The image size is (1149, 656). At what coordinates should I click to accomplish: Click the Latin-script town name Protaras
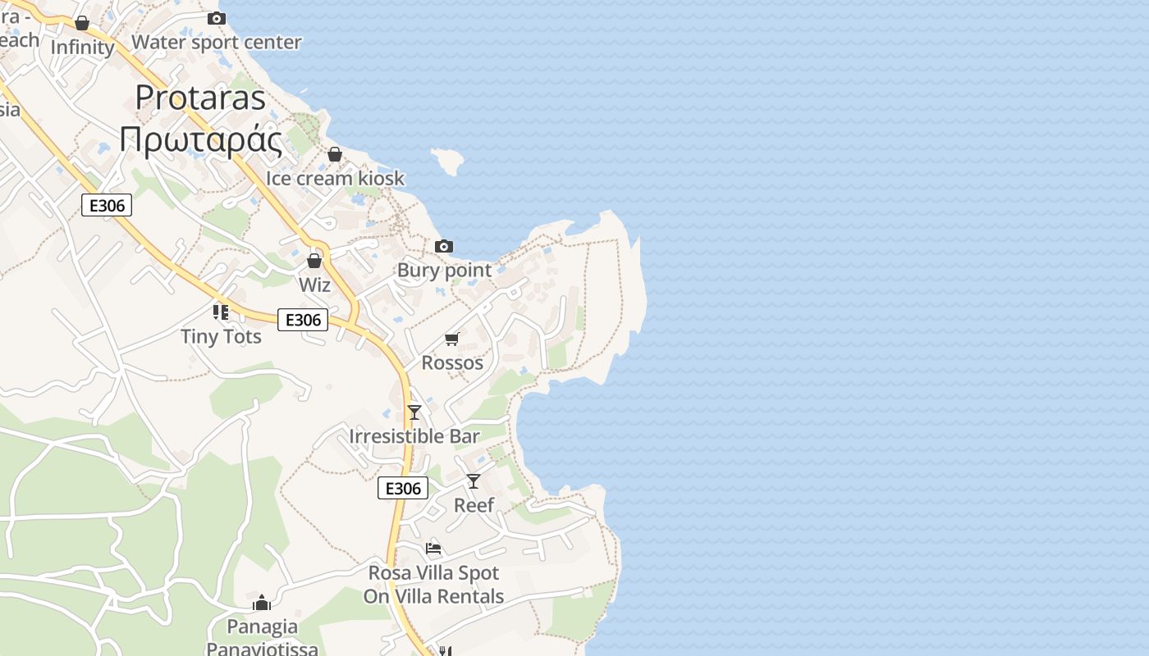pyautogui.click(x=200, y=98)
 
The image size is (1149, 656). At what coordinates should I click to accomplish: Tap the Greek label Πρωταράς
pyautogui.click(x=200, y=139)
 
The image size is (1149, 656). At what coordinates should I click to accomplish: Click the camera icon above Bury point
pyautogui.click(x=444, y=246)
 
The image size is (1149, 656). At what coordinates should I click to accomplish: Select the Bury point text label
pyautogui.click(x=444, y=270)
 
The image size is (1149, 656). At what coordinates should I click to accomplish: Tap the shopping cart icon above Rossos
pyautogui.click(x=451, y=339)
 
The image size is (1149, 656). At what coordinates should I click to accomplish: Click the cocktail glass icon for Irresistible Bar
pyautogui.click(x=414, y=412)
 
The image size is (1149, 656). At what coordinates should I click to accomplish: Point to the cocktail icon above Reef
pyautogui.click(x=474, y=481)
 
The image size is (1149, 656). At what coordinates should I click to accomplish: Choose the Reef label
pyautogui.click(x=474, y=505)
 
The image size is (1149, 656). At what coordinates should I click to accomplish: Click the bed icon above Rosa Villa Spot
pyautogui.click(x=433, y=548)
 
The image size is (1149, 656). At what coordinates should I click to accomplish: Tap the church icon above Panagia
pyautogui.click(x=262, y=604)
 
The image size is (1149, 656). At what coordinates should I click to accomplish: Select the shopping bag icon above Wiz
pyautogui.click(x=314, y=261)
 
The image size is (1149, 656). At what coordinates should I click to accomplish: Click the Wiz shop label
pyautogui.click(x=314, y=285)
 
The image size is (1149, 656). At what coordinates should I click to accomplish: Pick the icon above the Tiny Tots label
pyautogui.click(x=220, y=312)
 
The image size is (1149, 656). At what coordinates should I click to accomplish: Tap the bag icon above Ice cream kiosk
pyautogui.click(x=335, y=154)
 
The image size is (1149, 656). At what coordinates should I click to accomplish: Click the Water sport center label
pyautogui.click(x=217, y=42)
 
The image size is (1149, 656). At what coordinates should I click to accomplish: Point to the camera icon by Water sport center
pyautogui.click(x=217, y=18)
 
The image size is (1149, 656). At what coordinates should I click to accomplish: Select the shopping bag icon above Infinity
pyautogui.click(x=82, y=23)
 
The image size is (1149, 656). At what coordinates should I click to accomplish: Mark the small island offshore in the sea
pyautogui.click(x=448, y=162)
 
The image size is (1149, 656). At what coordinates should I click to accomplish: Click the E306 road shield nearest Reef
pyautogui.click(x=403, y=489)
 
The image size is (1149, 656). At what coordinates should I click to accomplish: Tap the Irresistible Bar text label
pyautogui.click(x=414, y=435)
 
